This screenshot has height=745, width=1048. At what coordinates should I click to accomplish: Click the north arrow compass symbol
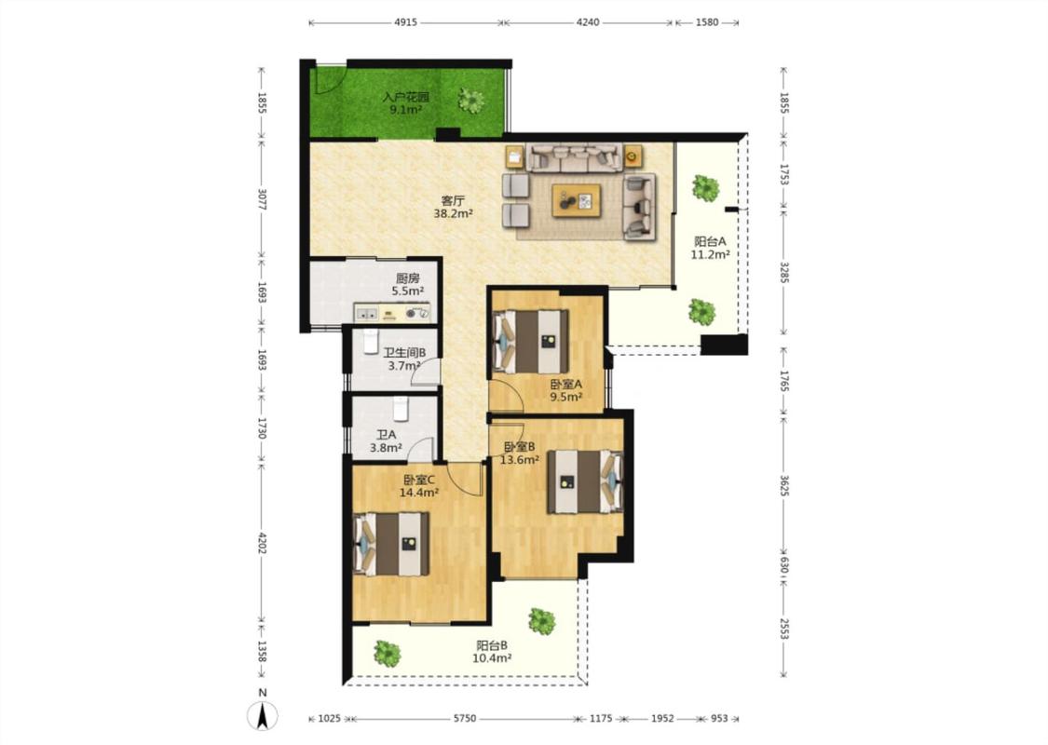click(x=263, y=716)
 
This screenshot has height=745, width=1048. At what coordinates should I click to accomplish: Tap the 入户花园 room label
click(x=406, y=98)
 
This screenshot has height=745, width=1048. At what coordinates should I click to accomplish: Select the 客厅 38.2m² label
click(x=453, y=207)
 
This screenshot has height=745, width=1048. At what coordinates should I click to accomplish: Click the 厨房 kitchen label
click(x=408, y=278)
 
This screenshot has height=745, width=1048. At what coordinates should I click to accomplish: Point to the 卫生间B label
click(x=404, y=353)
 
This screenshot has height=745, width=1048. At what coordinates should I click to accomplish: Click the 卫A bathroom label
click(x=386, y=435)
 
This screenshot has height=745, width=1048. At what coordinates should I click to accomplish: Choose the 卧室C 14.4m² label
click(x=419, y=486)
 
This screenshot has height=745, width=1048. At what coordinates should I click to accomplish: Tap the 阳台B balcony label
click(x=492, y=646)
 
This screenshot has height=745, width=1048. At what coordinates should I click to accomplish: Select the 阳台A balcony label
click(x=710, y=242)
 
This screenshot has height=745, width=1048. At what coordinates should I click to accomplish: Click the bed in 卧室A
click(x=531, y=342)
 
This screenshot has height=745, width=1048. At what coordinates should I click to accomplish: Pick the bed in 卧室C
click(x=390, y=544)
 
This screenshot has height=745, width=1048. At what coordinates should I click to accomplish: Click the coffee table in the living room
click(x=576, y=200)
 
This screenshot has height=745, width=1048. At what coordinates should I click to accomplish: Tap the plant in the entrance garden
click(x=471, y=101)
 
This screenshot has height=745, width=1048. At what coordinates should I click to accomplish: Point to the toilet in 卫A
click(x=401, y=409)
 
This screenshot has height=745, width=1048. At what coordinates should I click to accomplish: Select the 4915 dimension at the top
click(x=406, y=22)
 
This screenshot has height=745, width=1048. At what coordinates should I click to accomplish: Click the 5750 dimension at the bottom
click(x=465, y=719)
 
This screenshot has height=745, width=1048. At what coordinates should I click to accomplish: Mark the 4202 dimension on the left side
click(x=262, y=543)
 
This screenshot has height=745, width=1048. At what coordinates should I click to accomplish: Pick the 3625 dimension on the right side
click(x=784, y=486)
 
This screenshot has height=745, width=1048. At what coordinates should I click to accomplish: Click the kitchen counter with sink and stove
click(x=392, y=312)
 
